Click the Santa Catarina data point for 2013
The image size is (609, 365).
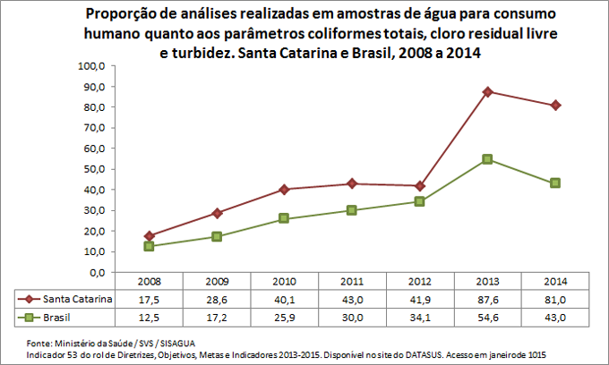point(487,91)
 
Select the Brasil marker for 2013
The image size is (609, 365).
point(487,159)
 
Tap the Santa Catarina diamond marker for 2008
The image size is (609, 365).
point(150,236)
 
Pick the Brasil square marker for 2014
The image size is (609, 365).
point(555,182)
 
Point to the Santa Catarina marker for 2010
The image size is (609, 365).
point(285,189)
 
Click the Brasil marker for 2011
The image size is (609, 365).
point(352,210)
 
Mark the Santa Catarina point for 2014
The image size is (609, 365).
point(555,105)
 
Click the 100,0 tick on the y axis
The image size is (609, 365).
point(92,66)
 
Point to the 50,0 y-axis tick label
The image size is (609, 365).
point(94,169)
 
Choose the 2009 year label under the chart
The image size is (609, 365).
point(217,281)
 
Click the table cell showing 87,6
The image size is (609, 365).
point(487,299)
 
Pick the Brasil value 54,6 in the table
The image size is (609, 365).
point(487,317)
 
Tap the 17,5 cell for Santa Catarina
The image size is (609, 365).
point(150,299)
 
